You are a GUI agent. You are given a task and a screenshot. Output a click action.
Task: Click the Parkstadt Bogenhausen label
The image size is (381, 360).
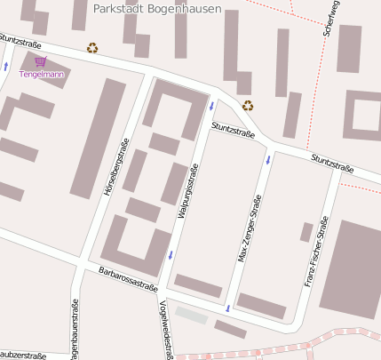156,8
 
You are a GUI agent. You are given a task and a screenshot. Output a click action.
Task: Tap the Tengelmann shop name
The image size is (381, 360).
41,75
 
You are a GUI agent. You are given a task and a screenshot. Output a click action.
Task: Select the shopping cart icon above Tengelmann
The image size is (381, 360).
41,61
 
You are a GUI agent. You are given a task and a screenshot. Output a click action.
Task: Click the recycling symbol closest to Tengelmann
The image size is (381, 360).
92,48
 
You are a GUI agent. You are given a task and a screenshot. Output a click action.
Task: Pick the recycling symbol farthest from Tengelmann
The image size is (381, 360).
248,105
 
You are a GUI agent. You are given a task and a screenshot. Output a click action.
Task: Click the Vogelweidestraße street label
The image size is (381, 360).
164,324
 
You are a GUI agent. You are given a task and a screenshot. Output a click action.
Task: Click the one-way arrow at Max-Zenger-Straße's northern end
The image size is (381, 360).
268,160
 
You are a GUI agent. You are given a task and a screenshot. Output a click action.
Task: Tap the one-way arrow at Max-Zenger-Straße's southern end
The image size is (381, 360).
228,308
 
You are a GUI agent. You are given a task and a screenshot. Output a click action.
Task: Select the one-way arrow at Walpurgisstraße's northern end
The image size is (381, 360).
211,107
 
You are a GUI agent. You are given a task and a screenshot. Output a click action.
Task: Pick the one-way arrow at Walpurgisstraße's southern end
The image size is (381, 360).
169,255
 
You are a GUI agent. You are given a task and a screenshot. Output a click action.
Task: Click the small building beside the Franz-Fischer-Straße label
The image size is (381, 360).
306,232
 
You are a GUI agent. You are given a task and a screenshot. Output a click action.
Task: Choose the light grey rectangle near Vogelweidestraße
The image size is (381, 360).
191,315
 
